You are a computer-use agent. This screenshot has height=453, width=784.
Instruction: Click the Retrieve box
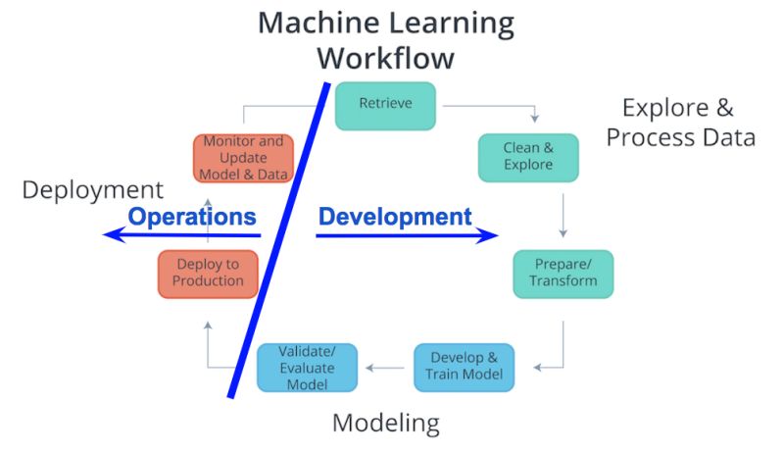[385, 105]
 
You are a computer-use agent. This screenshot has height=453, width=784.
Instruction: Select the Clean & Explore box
[528, 157]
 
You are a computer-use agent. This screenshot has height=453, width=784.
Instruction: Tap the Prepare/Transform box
[563, 274]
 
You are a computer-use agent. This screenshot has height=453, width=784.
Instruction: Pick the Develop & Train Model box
[464, 367]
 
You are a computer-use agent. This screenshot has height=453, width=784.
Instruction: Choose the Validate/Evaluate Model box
[307, 368]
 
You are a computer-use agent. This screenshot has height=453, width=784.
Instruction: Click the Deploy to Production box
[208, 274]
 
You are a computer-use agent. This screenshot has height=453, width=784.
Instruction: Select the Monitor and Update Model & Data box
[243, 158]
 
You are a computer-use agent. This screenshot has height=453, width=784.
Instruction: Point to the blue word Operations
[193, 217]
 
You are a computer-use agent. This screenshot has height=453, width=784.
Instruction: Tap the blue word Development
[395, 217]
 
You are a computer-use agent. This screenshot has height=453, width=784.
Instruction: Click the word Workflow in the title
[385, 58]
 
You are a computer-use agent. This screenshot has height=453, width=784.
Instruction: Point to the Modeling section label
[385, 424]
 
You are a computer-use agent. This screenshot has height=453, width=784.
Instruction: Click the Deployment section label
[92, 190]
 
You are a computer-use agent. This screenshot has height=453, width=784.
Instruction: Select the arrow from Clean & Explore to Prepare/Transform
[563, 216]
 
